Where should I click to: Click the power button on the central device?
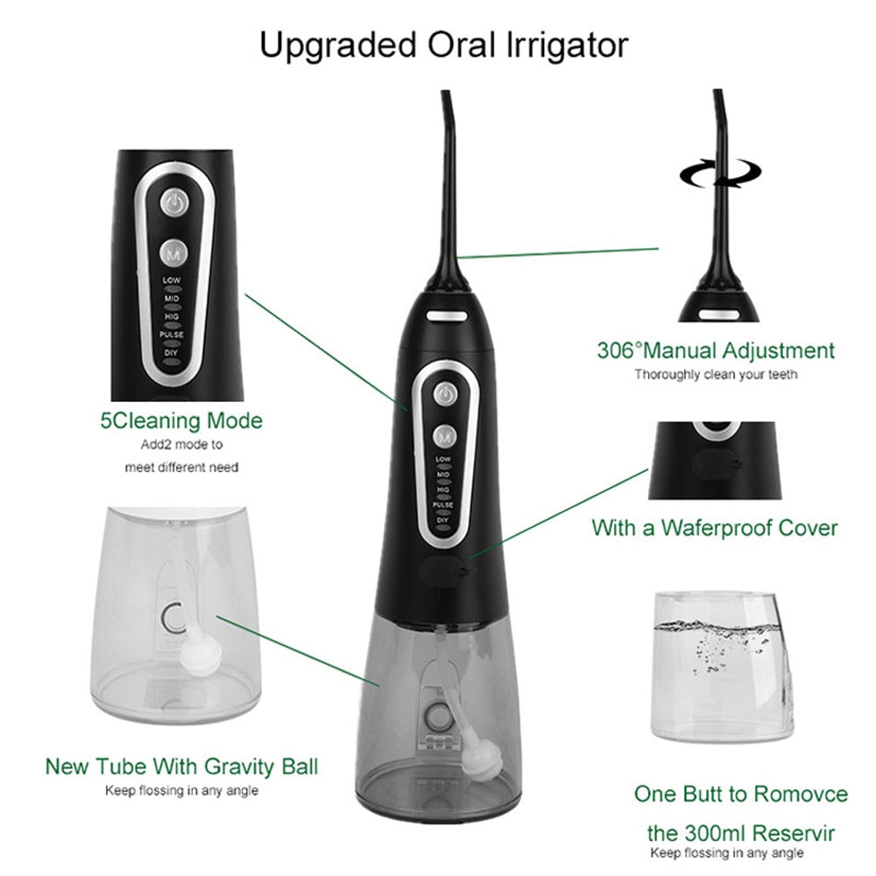coord(446,394)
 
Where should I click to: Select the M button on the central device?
coord(446,434)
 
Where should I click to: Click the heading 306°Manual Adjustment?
coord(716,351)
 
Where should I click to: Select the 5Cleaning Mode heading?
coord(180,420)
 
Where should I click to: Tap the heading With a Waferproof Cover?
coord(714,528)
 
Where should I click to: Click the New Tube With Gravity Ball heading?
coord(181,767)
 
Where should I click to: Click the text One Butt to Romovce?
coord(741,795)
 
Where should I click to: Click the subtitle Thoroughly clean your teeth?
coord(716,375)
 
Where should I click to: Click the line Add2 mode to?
coord(181,445)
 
